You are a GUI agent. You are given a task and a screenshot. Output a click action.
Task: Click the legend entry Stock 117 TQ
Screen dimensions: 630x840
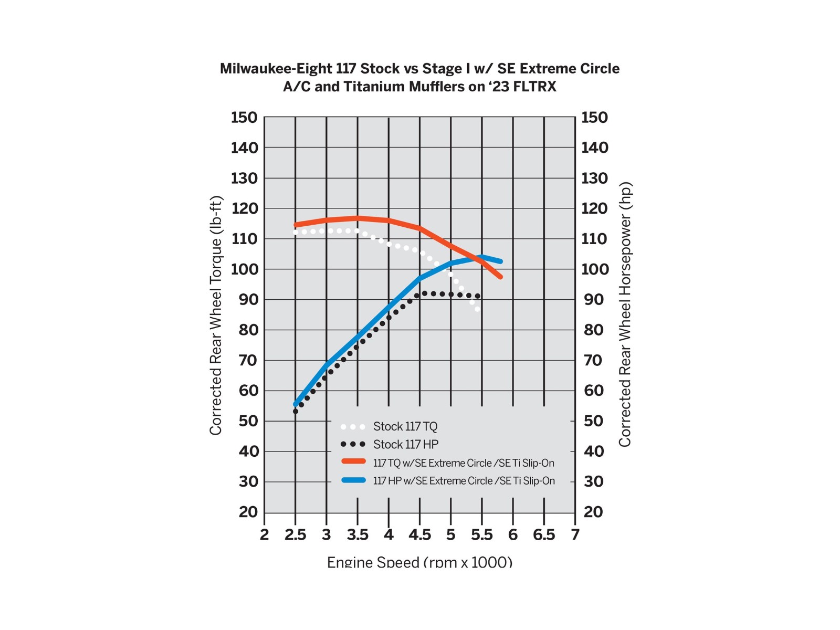[405, 426]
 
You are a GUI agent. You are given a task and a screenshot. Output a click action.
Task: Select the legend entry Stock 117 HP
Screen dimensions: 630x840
[405, 445]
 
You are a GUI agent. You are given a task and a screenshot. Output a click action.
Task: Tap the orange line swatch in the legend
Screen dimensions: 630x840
[353, 461]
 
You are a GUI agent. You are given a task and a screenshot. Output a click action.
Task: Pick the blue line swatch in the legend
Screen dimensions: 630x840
[353, 480]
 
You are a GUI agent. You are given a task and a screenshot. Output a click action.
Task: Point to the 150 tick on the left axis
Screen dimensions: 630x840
[244, 118]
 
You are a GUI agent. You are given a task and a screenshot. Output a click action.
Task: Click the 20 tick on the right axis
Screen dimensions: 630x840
[593, 512]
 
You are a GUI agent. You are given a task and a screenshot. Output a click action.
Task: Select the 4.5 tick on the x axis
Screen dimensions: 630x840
[419, 535]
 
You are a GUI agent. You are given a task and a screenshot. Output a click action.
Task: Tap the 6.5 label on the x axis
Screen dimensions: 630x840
[544, 535]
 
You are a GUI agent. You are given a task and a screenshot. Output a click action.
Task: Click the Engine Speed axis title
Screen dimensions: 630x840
[419, 562]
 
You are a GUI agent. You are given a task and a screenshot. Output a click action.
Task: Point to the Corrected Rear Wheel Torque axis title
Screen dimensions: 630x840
[216, 315]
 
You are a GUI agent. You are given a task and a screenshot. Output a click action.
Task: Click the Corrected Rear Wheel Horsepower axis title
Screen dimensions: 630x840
[625, 315]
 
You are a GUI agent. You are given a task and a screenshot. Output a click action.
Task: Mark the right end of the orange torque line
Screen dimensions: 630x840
[501, 277]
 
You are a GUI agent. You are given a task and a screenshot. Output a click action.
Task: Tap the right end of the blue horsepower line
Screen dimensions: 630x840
[501, 261]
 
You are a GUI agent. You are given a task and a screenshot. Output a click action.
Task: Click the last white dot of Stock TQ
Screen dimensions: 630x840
[478, 309]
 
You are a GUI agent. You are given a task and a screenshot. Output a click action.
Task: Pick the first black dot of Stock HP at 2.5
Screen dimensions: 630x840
[296, 411]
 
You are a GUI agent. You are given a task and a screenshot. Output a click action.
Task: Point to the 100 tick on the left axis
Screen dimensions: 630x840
[244, 269]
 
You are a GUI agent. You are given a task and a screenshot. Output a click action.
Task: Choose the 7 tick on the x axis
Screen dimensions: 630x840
[575, 535]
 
